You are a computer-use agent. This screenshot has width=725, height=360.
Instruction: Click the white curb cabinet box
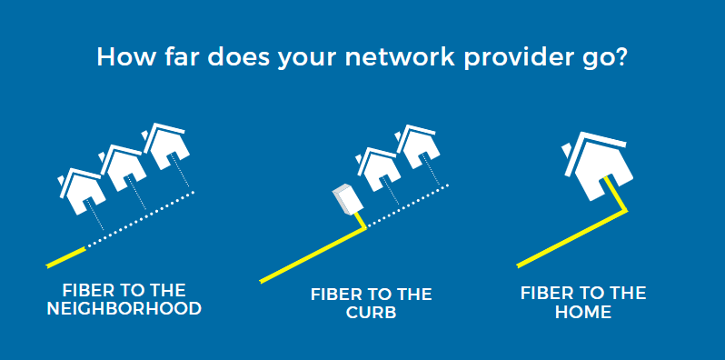click(x=344, y=200)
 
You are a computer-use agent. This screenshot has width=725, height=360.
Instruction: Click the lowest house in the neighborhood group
click(x=82, y=189)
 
